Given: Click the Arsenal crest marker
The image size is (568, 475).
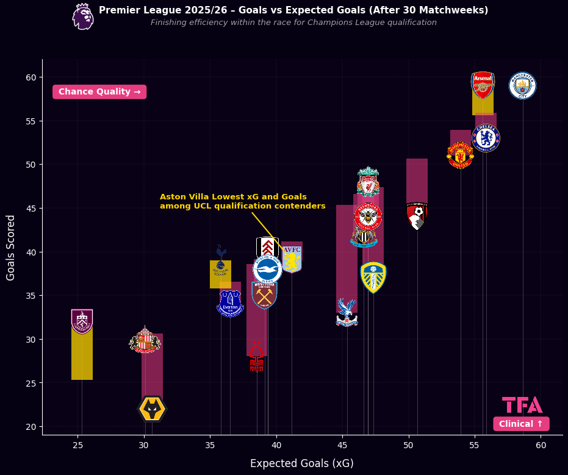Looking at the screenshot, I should coord(483,85).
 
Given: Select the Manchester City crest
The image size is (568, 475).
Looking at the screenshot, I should coord(522,85).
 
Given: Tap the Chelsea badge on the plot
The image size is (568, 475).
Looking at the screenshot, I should coord(486,138).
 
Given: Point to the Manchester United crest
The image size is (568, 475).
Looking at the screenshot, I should coord(460,155).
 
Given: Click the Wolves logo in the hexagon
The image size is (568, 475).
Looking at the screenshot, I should coord(152,409).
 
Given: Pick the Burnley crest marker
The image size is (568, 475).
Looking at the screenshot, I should coord(82,321).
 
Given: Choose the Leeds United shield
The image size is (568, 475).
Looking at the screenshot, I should coord(373,277).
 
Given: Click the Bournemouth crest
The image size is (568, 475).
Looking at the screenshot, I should coord(417,216).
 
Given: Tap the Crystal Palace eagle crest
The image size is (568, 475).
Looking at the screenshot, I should coord(347,313).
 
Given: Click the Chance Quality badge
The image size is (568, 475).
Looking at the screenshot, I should coord(99,91).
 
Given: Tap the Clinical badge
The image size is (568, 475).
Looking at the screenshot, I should coord(521,424).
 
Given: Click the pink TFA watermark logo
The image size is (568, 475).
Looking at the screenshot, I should coord(522,405).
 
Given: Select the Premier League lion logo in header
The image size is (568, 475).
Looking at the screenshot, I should coord(83,16).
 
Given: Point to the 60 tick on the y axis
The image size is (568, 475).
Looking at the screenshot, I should coord(31,77).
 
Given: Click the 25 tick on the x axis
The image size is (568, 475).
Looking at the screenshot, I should coord(77,446).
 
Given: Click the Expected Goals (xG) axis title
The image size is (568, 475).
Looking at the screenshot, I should coord(301,463).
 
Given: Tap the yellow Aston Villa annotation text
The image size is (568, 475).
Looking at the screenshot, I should coord(242,201).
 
